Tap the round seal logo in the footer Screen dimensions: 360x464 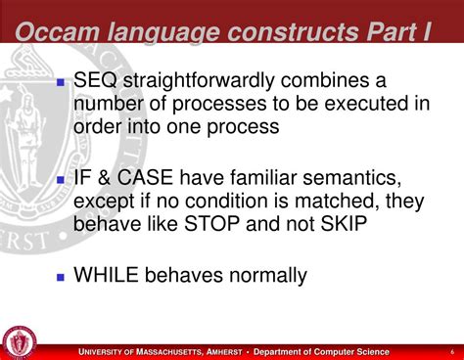coord(18,341)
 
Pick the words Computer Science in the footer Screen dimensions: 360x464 coord(351,352)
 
